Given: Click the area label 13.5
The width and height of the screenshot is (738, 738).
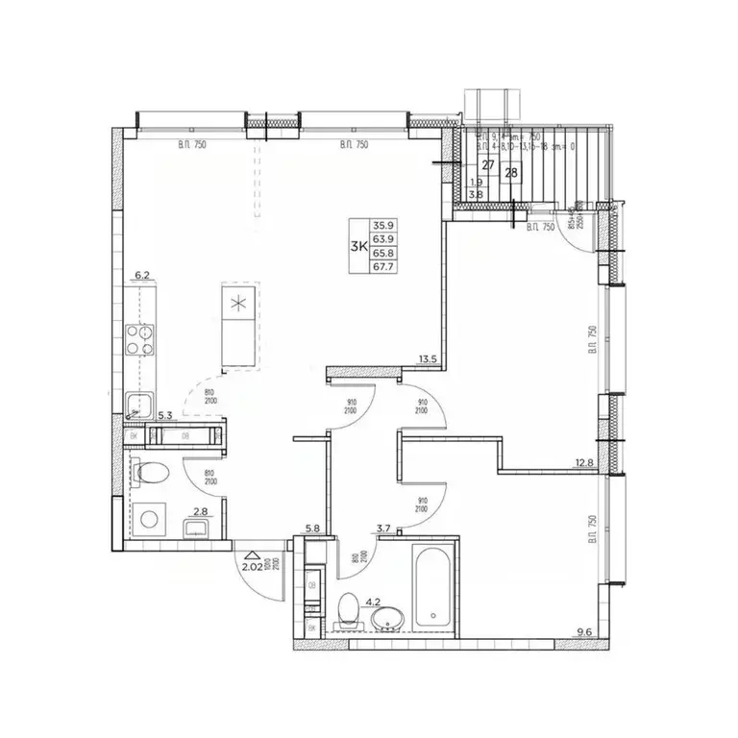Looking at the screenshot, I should pyautogui.click(x=428, y=360).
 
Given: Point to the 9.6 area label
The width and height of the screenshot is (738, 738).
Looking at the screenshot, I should pyautogui.click(x=585, y=631).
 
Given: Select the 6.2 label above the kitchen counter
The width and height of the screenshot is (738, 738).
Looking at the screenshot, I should pyautogui.click(x=144, y=276).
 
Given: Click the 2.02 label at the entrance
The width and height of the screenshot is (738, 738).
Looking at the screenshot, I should pyautogui.click(x=253, y=568).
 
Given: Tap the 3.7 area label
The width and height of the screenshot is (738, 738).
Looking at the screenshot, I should pyautogui.click(x=383, y=528).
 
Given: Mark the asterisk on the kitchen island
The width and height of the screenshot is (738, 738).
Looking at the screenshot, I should pyautogui.click(x=237, y=306).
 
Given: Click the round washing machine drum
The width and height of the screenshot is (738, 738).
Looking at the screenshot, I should pyautogui.click(x=150, y=519).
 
